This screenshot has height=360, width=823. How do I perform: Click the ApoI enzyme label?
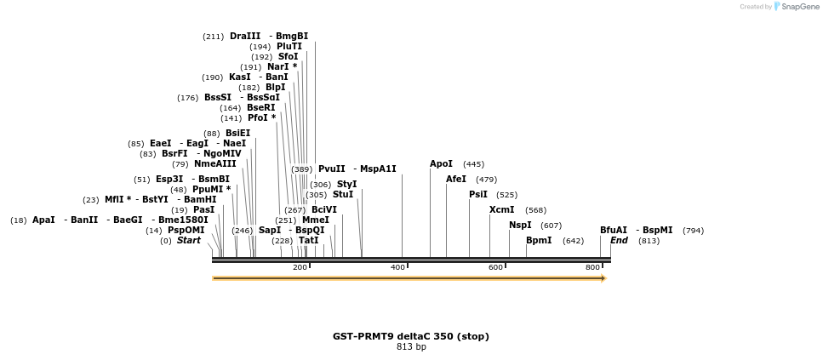(x=441, y=164)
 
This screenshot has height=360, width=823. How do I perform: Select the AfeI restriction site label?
(x=456, y=180)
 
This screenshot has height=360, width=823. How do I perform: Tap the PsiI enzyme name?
(x=477, y=195)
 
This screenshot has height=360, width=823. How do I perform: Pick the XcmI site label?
(x=501, y=210)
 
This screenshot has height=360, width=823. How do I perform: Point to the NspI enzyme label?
(x=520, y=226)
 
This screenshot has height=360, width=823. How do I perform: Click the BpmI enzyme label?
(x=539, y=241)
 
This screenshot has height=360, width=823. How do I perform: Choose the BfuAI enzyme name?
(x=613, y=231)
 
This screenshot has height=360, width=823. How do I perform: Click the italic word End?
(x=619, y=241)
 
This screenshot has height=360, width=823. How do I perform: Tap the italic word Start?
(x=189, y=241)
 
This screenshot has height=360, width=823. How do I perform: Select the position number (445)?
(x=473, y=164)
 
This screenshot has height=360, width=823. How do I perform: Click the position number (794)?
(x=694, y=231)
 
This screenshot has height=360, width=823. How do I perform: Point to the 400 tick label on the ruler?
(x=397, y=268)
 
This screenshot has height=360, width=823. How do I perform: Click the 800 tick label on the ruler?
(x=592, y=268)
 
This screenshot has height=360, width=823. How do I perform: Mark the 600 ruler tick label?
(x=495, y=268)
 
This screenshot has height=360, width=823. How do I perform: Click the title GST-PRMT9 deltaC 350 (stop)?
(x=411, y=336)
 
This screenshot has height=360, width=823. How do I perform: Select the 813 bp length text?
(x=411, y=347)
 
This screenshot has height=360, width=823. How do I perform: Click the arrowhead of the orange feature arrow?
(x=603, y=278)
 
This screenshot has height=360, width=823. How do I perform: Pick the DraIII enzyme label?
(x=245, y=37)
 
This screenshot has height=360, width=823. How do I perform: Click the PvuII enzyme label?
(x=332, y=169)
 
